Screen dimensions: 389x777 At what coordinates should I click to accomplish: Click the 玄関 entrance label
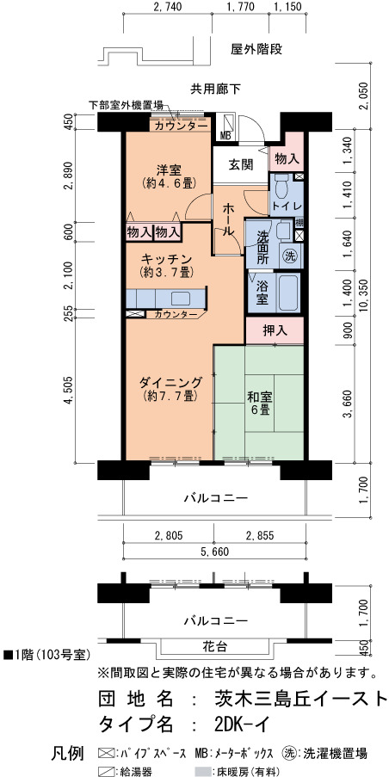click(240, 164)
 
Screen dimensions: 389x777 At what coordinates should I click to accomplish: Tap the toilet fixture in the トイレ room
click(282, 187)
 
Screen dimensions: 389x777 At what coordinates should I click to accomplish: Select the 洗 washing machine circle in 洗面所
click(290, 256)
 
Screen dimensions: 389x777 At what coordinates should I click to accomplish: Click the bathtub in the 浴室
click(286, 293)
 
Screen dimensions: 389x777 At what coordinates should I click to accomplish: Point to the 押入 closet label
click(275, 330)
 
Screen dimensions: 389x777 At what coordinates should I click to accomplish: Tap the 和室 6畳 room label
click(259, 403)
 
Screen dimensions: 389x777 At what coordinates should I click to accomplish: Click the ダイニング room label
click(170, 382)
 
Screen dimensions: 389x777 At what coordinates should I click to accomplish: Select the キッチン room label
click(166, 258)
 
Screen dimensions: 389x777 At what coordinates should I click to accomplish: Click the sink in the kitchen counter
click(181, 299)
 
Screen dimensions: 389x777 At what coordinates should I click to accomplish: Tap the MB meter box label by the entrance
click(225, 135)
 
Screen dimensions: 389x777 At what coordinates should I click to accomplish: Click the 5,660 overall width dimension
click(213, 552)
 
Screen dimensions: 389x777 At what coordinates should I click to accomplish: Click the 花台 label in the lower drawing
click(215, 646)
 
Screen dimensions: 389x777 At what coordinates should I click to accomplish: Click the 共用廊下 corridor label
click(215, 89)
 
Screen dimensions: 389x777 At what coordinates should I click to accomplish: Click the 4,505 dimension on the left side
click(69, 392)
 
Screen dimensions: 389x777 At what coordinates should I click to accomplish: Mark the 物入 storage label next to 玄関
click(287, 158)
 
